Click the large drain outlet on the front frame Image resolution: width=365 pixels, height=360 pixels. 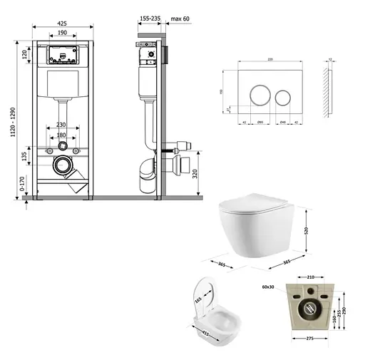click(63, 168)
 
